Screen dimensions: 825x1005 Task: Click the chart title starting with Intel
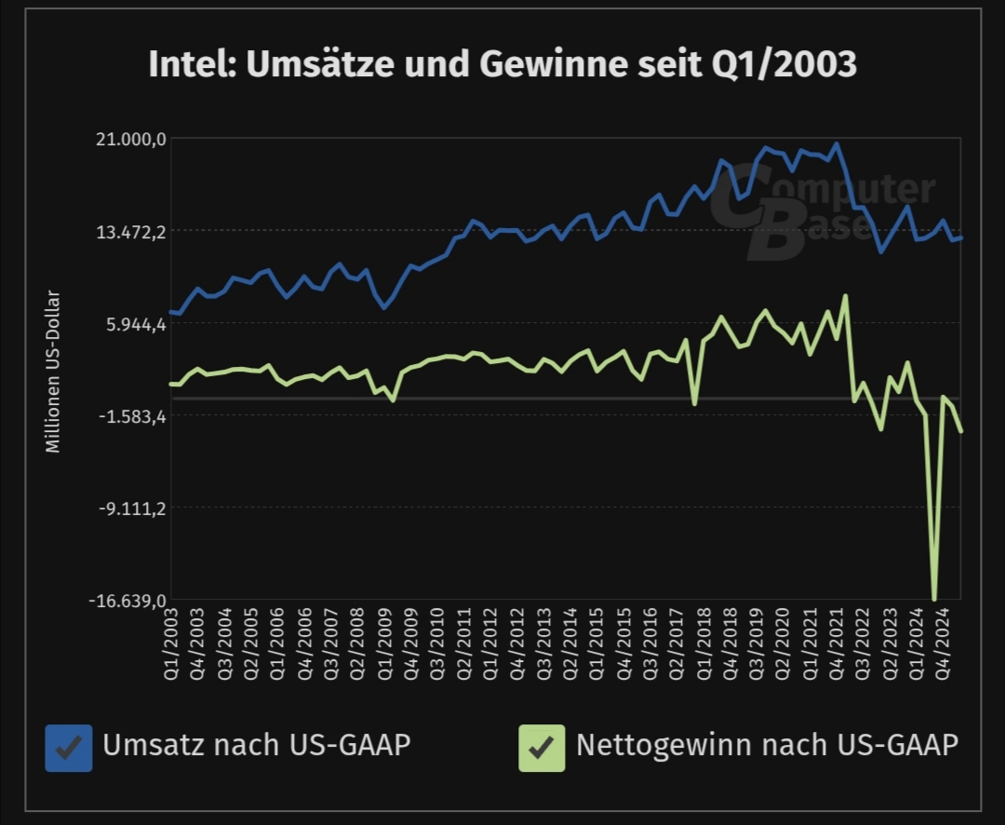point(502,65)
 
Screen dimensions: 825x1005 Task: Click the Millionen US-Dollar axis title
point(53,372)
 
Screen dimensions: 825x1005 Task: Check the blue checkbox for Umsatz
point(69,748)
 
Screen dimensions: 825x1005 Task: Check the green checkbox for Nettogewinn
point(542,748)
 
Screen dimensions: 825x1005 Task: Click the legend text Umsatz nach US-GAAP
point(256,746)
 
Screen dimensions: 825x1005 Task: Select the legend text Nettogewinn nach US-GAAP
point(767,746)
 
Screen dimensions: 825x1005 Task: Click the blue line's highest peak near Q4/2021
point(837,144)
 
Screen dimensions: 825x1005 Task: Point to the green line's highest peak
point(845,296)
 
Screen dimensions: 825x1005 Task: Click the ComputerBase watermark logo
point(819,210)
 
